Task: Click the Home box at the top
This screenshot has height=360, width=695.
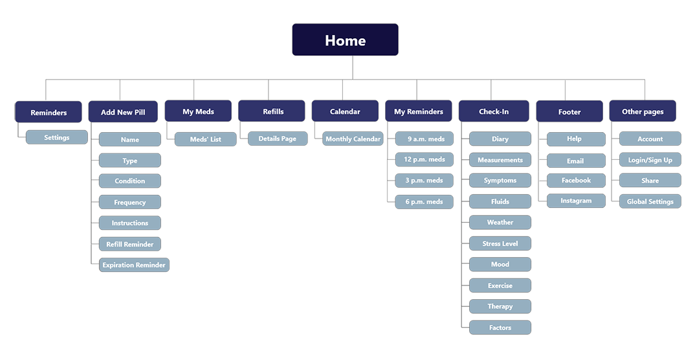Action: (345, 40)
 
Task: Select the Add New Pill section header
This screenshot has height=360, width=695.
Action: (123, 112)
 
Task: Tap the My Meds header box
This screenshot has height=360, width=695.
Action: (198, 111)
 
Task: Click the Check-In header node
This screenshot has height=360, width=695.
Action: (494, 111)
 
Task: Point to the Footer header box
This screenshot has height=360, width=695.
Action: (569, 112)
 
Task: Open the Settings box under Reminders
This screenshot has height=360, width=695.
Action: (57, 137)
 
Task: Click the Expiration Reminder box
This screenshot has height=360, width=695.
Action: (134, 265)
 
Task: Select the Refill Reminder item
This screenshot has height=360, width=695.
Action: (130, 244)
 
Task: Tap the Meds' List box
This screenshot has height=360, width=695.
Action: (206, 139)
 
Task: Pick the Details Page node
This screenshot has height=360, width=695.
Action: (278, 139)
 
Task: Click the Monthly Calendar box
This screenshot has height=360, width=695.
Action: (353, 139)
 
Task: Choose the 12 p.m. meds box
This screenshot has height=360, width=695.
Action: (425, 159)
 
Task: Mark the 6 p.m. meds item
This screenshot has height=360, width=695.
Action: (425, 201)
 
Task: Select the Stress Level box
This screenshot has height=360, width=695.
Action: (500, 243)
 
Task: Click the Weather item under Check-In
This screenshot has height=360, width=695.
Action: (500, 222)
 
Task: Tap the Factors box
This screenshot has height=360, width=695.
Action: (500, 328)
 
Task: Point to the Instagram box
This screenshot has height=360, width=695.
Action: (576, 201)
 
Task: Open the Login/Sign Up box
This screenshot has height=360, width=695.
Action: (650, 160)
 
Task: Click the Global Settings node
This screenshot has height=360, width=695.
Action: (650, 201)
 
